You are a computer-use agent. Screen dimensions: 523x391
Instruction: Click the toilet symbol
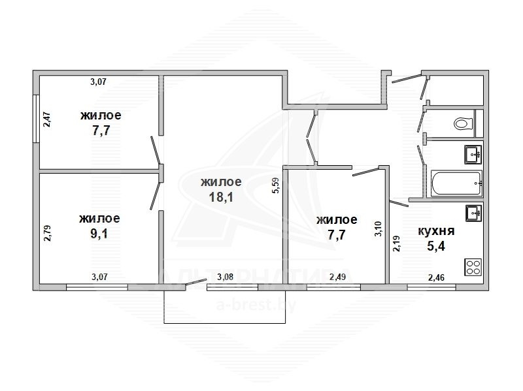(x=464, y=123)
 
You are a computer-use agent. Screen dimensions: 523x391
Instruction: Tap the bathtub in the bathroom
(x=456, y=183)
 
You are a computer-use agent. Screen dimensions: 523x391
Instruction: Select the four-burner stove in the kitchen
(x=473, y=267)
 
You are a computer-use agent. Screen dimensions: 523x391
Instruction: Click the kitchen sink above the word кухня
(x=473, y=213)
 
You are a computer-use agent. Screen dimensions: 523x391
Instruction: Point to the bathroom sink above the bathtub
(x=473, y=155)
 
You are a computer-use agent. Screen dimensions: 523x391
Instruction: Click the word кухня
(x=436, y=231)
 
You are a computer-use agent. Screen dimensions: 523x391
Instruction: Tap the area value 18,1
(x=221, y=197)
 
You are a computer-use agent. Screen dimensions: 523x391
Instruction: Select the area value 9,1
(x=99, y=234)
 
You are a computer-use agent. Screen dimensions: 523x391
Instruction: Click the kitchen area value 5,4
(x=436, y=247)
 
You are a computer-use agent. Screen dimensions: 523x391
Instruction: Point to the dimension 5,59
(x=276, y=185)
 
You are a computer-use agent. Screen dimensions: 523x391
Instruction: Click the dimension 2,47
(x=48, y=119)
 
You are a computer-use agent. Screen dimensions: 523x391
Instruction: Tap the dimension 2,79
(x=48, y=233)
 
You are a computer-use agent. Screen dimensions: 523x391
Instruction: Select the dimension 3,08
(x=225, y=277)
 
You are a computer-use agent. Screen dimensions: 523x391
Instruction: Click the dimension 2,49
(x=337, y=277)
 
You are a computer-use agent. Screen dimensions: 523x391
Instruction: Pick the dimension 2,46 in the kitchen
(x=436, y=277)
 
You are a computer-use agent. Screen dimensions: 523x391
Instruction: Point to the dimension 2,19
(x=397, y=243)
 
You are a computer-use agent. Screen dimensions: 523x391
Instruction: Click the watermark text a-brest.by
(x=256, y=305)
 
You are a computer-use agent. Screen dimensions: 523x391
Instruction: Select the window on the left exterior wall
(x=36, y=119)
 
